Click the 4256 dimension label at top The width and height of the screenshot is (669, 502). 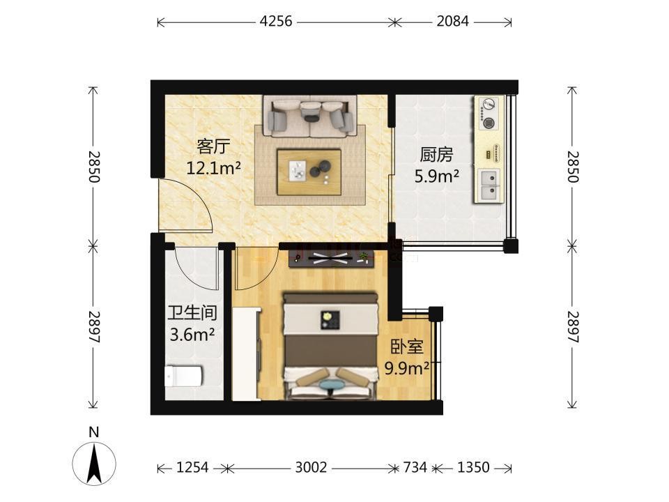[x=276, y=21]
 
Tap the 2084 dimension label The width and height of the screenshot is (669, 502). [x=452, y=21]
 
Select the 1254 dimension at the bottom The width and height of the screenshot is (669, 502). [x=192, y=468]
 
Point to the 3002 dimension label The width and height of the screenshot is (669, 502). [x=311, y=468]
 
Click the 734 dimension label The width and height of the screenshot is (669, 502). [x=415, y=468]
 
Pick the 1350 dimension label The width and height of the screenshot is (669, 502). [x=473, y=468]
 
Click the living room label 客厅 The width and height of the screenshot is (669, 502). [x=213, y=147]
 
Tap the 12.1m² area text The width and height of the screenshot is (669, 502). [x=213, y=168]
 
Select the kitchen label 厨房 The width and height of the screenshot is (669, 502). [x=436, y=155]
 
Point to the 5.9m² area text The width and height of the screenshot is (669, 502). [x=436, y=176]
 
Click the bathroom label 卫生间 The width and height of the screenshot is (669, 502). [x=192, y=313]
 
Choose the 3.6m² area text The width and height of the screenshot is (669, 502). [x=192, y=335]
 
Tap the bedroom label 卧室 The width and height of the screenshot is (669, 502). [x=407, y=347]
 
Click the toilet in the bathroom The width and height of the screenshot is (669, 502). [x=183, y=376]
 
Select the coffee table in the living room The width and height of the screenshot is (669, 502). [x=309, y=172]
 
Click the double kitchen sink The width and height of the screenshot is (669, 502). [x=489, y=185]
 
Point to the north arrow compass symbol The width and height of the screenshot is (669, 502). [x=94, y=464]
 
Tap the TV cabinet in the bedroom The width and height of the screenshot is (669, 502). [x=331, y=258]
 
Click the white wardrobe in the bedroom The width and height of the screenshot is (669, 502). [x=246, y=354]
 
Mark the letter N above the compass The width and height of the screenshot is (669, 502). [x=94, y=432]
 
